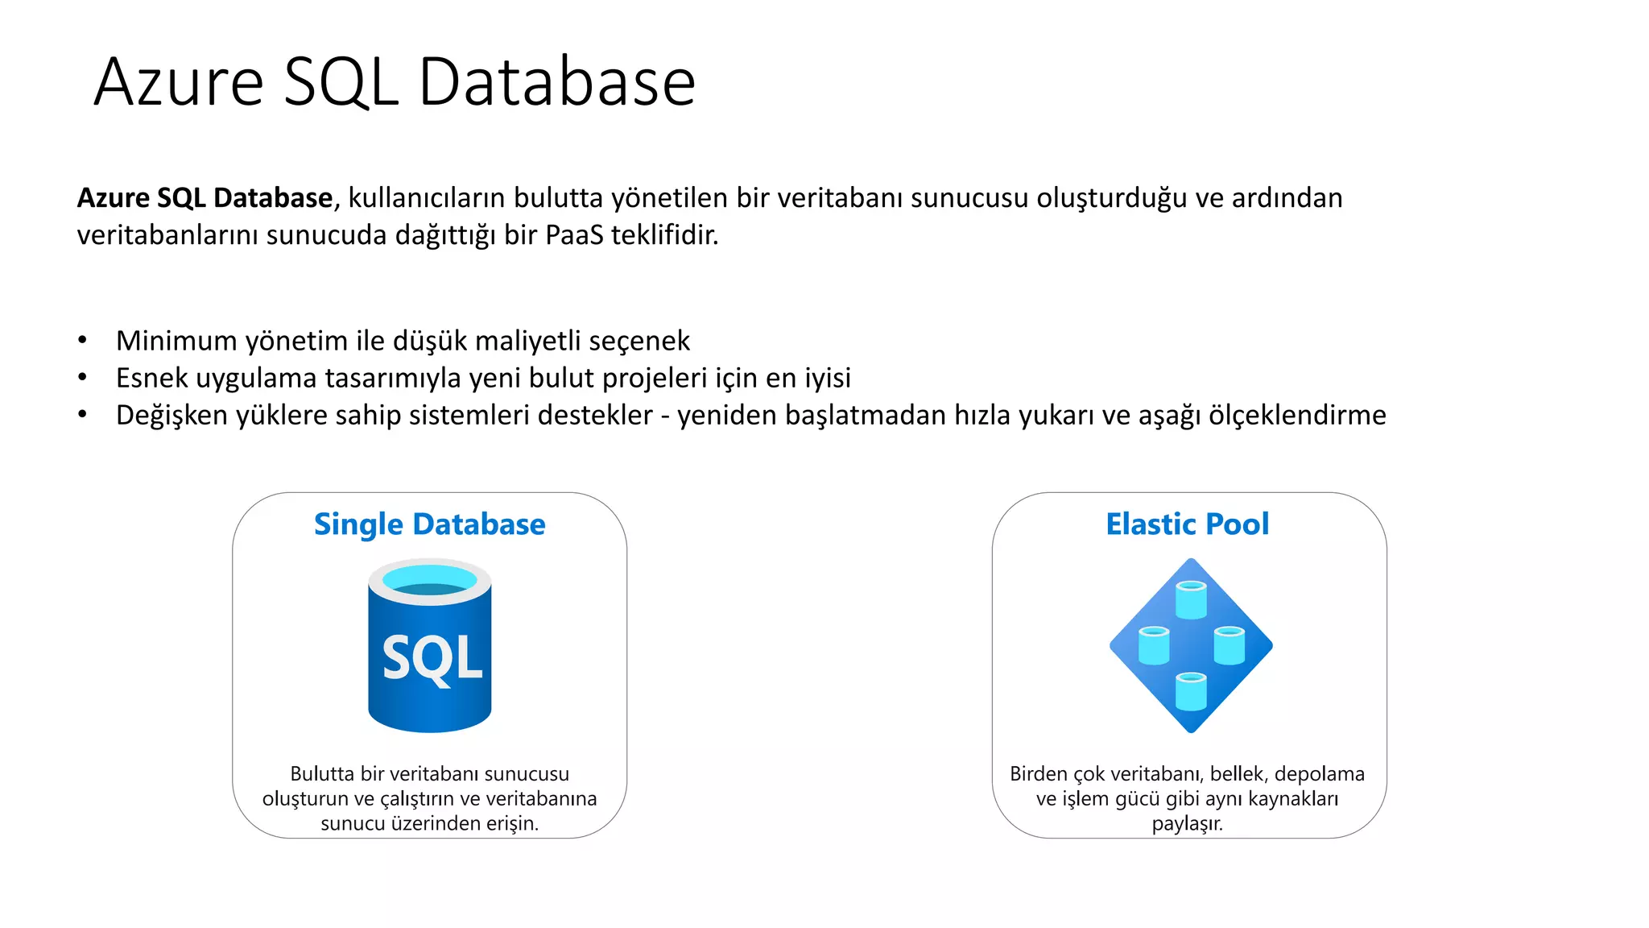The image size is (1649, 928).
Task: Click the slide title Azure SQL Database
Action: (395, 82)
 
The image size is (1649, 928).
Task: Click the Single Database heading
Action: (429, 524)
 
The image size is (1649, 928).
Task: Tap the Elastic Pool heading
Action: (1187, 524)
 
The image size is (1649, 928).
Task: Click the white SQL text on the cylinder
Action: (432, 658)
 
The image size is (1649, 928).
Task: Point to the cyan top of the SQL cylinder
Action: (430, 579)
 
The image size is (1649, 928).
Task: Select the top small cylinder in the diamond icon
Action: (1191, 599)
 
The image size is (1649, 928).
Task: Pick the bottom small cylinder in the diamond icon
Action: (1191, 691)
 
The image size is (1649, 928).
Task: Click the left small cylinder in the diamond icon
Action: (1153, 645)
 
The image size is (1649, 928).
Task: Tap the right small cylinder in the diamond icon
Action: (1229, 645)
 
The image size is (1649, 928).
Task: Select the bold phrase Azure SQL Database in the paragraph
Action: (205, 198)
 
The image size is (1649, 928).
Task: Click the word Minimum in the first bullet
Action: (176, 341)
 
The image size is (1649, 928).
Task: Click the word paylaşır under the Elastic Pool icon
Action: (1187, 824)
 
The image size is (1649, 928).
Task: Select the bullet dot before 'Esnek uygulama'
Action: (82, 377)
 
